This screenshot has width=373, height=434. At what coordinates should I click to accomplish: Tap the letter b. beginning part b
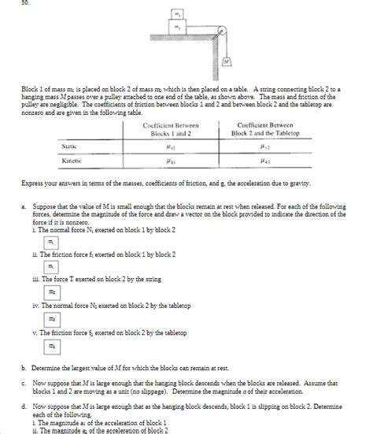(24, 366)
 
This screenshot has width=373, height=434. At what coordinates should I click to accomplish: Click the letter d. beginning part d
(24, 406)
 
